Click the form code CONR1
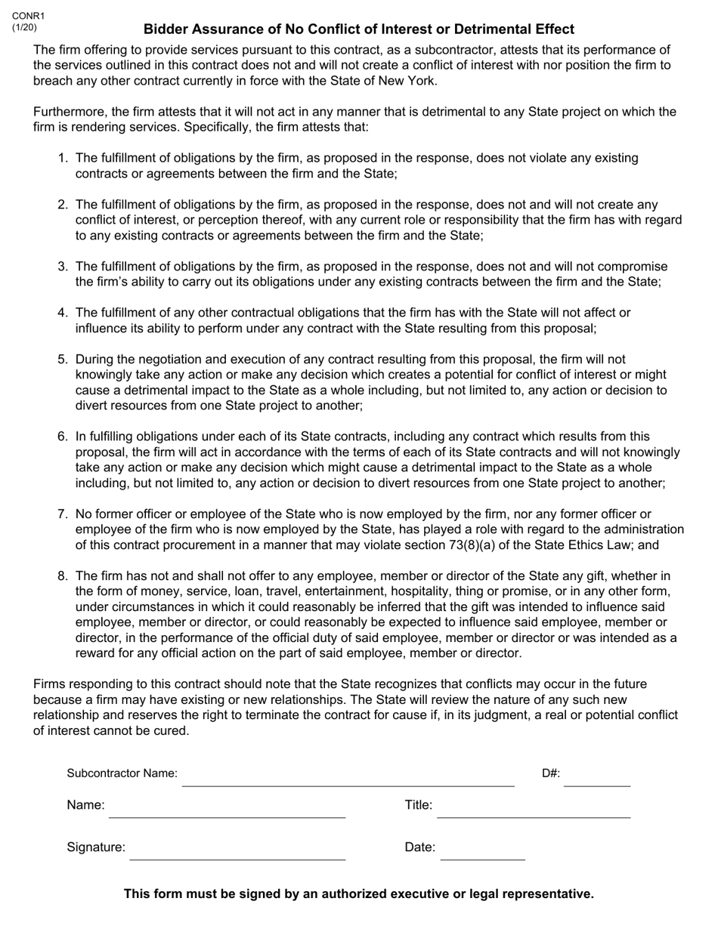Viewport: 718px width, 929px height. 28,16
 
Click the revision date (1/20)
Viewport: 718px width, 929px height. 24,27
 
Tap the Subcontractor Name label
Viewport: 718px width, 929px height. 122,773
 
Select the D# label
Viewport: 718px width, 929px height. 551,773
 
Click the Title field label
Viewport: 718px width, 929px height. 419,805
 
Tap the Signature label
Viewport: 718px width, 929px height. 96,847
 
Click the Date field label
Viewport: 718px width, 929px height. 420,847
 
